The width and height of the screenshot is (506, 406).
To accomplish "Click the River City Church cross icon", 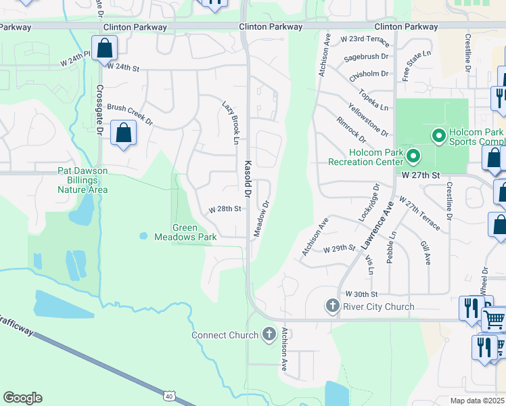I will coord(332,307).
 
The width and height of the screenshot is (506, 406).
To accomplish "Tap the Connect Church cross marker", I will coord(269,334).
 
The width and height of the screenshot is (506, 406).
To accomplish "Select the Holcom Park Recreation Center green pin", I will coord(413,158).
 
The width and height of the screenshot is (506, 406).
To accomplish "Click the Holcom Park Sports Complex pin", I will coord(438,137).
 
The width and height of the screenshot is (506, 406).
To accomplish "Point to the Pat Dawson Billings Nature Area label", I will coord(83,180).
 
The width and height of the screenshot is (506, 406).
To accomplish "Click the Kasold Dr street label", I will coord(248,179).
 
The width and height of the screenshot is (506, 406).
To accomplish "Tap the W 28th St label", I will coord(225,209).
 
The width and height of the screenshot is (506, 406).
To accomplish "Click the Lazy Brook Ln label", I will coord(231,122).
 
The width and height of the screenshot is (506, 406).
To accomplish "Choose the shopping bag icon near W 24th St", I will coord(105,49).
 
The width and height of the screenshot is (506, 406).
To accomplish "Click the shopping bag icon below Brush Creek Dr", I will coord(124,133).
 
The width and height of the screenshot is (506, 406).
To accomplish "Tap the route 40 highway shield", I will coord(168,394).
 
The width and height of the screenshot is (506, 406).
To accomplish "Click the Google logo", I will coord(22,398).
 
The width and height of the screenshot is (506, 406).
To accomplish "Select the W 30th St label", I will coord(361,294).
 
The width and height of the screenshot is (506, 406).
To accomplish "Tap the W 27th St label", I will coord(421,175).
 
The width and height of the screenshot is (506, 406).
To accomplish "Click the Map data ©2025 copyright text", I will coord(477,401).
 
